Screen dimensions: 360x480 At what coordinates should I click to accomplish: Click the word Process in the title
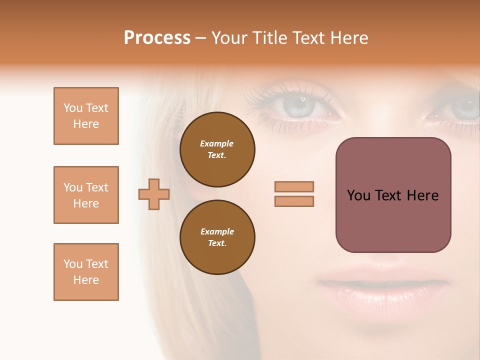[157, 38]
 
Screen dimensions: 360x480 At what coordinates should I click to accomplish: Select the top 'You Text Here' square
[86, 116]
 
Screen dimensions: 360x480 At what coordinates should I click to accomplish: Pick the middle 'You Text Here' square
[86, 195]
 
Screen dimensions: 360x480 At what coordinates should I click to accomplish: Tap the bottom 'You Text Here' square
[86, 272]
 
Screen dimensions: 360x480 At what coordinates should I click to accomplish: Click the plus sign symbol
[154, 194]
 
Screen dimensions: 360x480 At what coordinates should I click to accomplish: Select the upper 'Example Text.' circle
[217, 149]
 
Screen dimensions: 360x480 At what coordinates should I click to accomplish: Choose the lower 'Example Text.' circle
[217, 237]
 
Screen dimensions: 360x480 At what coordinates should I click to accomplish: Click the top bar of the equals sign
[294, 187]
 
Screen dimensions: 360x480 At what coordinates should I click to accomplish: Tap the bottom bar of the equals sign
[294, 201]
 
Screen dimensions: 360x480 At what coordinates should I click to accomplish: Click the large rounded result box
[393, 195]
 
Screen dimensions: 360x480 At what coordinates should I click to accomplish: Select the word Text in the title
[309, 38]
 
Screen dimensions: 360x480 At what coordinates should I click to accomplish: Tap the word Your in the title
[229, 38]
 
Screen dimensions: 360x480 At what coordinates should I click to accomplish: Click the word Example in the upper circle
[217, 143]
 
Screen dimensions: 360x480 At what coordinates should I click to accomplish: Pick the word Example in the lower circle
[217, 231]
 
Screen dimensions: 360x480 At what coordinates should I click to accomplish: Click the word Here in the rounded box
[422, 195]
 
